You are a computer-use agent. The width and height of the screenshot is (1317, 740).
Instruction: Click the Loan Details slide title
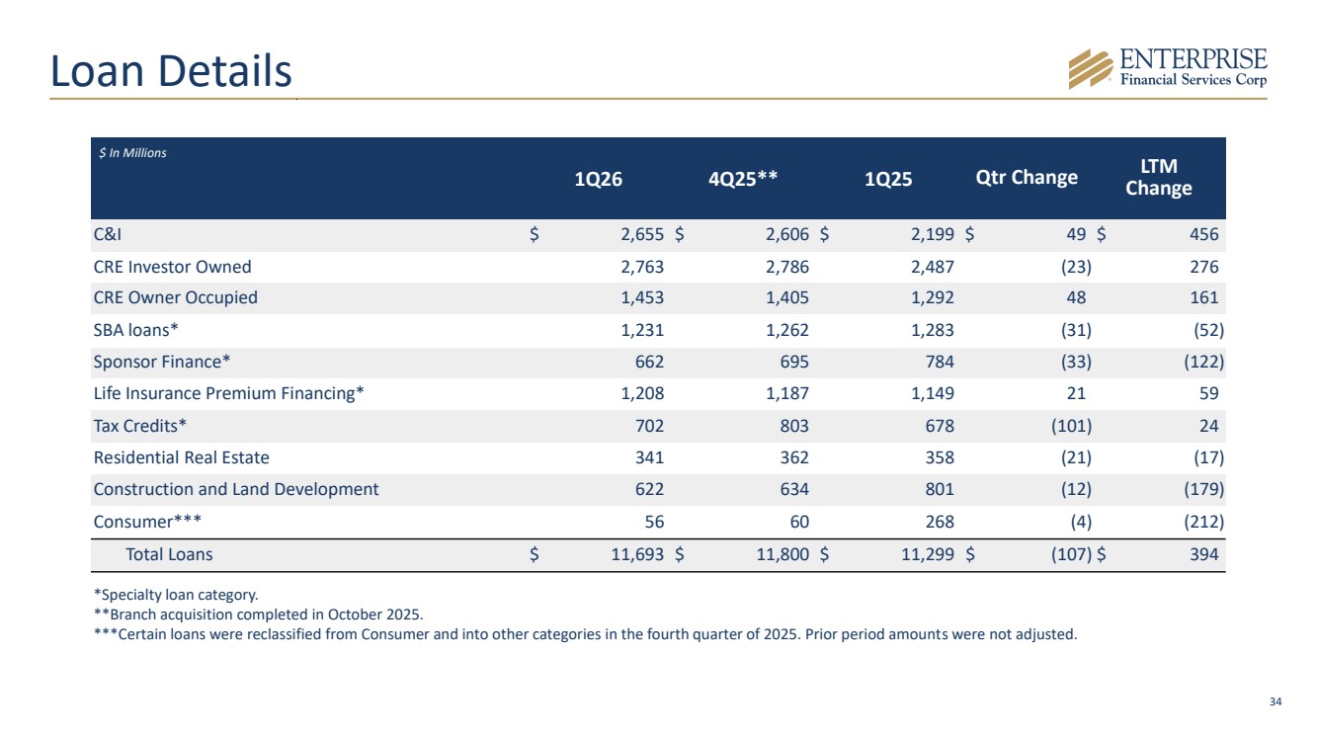[171, 71]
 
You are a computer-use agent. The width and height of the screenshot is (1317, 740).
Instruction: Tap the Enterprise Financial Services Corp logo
[1168, 68]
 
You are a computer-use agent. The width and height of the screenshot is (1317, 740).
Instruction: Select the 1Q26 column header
[598, 179]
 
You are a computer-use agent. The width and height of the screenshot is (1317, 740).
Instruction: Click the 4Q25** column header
[743, 178]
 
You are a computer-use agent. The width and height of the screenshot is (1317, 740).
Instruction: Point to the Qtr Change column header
[1027, 177]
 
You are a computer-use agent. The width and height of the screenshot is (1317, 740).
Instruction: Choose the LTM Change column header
[1158, 177]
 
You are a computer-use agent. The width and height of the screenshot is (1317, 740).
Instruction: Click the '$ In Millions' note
[132, 153]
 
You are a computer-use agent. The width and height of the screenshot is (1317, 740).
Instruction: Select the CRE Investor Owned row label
[172, 267]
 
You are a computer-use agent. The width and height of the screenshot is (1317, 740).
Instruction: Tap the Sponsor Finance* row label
[162, 362]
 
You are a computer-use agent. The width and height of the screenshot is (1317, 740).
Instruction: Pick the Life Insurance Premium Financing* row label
[228, 393]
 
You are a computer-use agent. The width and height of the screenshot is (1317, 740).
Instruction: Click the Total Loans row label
[169, 554]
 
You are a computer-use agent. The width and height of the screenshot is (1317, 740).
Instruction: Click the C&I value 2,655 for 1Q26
[642, 234]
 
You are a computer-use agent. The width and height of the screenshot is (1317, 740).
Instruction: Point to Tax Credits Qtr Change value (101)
[1071, 426]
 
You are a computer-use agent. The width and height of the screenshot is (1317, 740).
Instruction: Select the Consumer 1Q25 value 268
[940, 522]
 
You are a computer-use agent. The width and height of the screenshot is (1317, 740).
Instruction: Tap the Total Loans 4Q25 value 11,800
[782, 554]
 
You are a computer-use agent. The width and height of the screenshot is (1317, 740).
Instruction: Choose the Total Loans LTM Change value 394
[1204, 554]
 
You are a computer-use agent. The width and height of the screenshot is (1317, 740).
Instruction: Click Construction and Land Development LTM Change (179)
[1203, 489]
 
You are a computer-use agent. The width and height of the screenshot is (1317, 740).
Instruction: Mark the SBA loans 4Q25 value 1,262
[786, 330]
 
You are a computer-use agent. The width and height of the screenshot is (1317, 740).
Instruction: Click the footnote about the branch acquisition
[259, 615]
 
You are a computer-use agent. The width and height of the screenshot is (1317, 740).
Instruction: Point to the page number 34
[1276, 701]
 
